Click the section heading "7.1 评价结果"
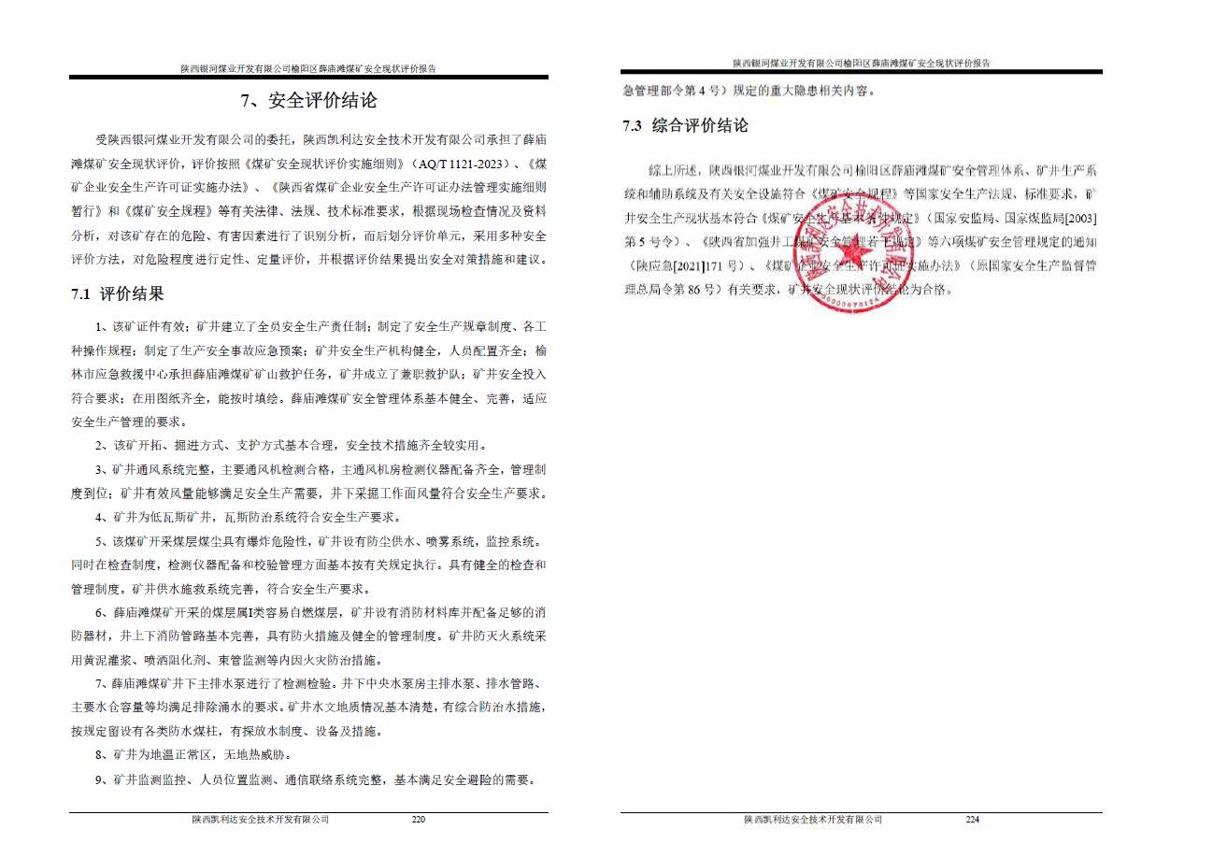point(118,294)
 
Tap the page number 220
point(418,820)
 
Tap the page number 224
point(972,820)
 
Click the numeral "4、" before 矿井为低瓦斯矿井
point(103,517)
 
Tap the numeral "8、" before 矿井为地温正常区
point(103,754)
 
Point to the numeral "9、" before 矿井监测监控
point(103,779)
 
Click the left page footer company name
point(261,820)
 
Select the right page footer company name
point(813,820)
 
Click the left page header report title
point(308,68)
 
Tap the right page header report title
point(861,63)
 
